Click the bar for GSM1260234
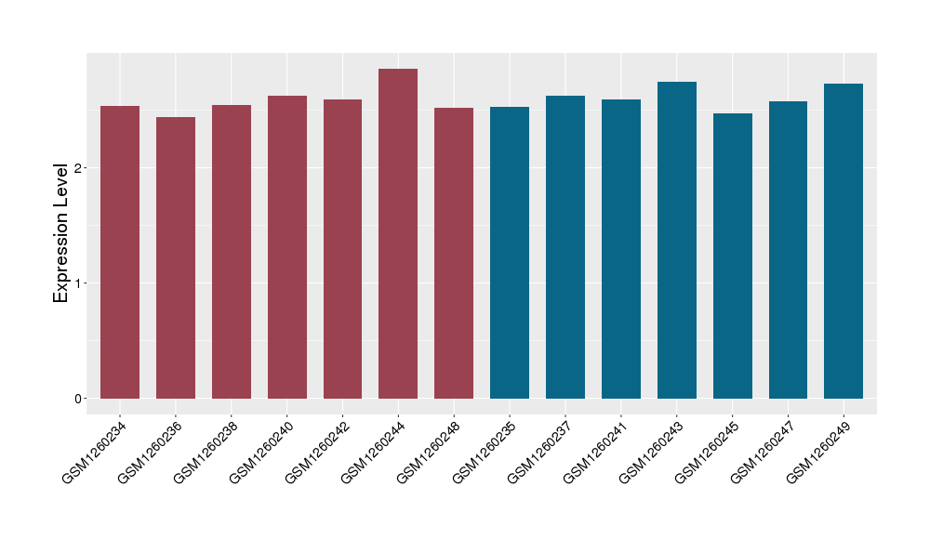click(120, 252)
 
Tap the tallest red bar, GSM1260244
click(398, 233)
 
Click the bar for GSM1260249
click(844, 241)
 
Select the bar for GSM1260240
click(287, 247)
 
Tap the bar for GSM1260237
click(565, 247)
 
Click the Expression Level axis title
click(61, 232)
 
